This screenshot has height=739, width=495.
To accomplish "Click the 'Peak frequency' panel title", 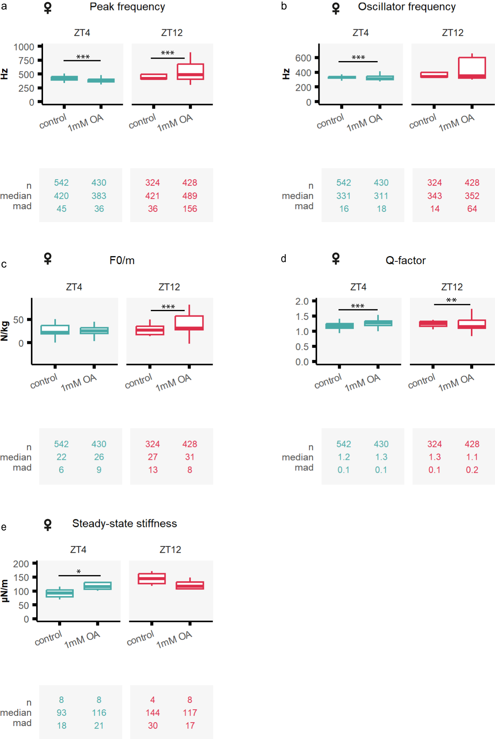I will click(x=127, y=7).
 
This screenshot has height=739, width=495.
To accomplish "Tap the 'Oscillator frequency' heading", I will click(x=407, y=7).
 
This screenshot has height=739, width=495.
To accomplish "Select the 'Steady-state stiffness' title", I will click(x=124, y=524).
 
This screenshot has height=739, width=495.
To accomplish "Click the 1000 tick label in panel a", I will click(x=24, y=47).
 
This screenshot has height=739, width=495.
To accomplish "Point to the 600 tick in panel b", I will click(x=303, y=58).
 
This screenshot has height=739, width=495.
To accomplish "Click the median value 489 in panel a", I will click(x=190, y=196).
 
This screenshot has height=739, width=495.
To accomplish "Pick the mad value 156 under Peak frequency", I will click(x=190, y=209).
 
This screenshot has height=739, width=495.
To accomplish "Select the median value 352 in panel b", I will click(x=472, y=196).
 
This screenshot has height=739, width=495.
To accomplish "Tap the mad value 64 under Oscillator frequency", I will click(x=472, y=209).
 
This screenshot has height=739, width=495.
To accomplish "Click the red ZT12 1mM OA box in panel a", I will click(x=190, y=71).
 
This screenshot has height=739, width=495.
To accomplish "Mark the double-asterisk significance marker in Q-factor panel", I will click(x=451, y=300).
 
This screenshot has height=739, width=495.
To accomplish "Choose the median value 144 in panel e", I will click(x=153, y=713).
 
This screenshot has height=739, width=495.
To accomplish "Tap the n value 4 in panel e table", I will click(x=153, y=700).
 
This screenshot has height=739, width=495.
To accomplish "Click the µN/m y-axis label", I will click(x=5, y=591).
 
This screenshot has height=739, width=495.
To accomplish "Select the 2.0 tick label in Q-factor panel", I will click(x=302, y=301).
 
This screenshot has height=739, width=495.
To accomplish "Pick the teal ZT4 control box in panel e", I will click(x=60, y=593).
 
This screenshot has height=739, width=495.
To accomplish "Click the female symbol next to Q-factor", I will click(x=336, y=258).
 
